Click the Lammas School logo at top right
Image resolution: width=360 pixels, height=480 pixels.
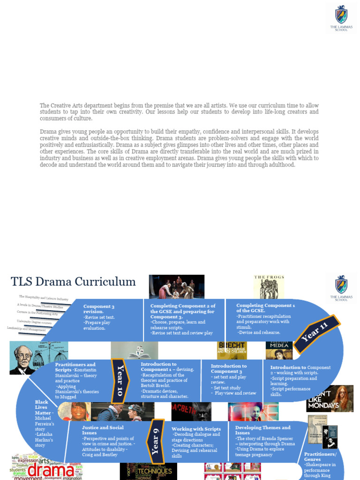point(341,18)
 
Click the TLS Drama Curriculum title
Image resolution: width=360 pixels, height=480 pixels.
point(73,282)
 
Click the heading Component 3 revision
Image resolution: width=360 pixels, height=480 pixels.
point(99,308)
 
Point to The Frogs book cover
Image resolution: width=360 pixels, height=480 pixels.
point(269,286)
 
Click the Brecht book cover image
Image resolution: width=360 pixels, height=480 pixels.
point(232,350)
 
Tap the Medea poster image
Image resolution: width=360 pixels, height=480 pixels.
point(279,350)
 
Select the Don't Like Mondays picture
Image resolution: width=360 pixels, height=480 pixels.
point(330,398)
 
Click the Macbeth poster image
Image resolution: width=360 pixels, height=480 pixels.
point(191,412)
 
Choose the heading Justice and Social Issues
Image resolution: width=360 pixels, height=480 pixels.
point(103,430)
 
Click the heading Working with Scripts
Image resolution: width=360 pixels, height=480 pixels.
point(196,429)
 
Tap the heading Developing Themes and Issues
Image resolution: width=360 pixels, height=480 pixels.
point(262,430)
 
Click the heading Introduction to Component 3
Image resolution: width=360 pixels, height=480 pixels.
point(228,368)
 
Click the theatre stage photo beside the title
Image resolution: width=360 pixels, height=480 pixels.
point(177,286)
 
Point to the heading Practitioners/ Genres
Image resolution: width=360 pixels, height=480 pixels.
point(320,457)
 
